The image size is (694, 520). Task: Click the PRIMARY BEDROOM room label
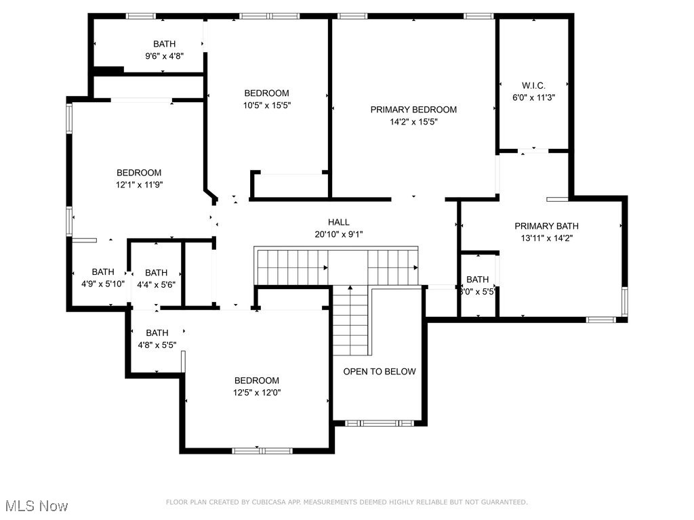point(413,110)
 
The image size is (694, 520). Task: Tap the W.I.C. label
point(533,85)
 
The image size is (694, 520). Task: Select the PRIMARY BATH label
point(546,226)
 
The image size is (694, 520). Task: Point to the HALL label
point(339,222)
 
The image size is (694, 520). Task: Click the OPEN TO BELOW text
point(380,372)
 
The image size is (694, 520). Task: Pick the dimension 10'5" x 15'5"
point(267,106)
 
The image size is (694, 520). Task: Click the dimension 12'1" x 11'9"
point(139,185)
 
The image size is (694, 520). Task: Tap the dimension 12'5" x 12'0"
point(257,393)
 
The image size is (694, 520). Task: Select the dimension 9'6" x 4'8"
point(165,57)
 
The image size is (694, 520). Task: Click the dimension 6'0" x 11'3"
point(533,97)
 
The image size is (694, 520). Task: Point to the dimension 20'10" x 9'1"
point(339,234)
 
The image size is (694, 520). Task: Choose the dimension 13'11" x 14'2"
point(546,238)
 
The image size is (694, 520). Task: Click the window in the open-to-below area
point(380,423)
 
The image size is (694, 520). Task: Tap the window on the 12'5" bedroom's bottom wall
point(262,450)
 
